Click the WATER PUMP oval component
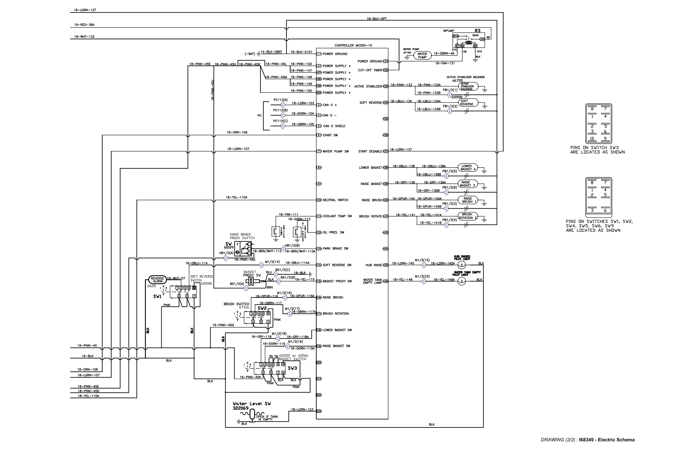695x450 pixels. click(422, 55)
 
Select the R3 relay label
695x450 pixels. click(478, 31)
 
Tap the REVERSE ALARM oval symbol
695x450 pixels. click(157, 280)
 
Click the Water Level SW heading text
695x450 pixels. click(251, 404)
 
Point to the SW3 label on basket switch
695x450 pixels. click(292, 368)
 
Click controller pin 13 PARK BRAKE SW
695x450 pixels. click(319, 249)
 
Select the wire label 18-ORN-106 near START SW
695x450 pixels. click(237, 132)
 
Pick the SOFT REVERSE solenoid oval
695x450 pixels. click(468, 102)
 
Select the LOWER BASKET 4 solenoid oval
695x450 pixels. click(467, 168)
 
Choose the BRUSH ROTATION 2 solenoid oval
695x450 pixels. click(467, 216)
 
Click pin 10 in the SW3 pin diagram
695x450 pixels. click(592, 138)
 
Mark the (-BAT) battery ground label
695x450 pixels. click(250, 54)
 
